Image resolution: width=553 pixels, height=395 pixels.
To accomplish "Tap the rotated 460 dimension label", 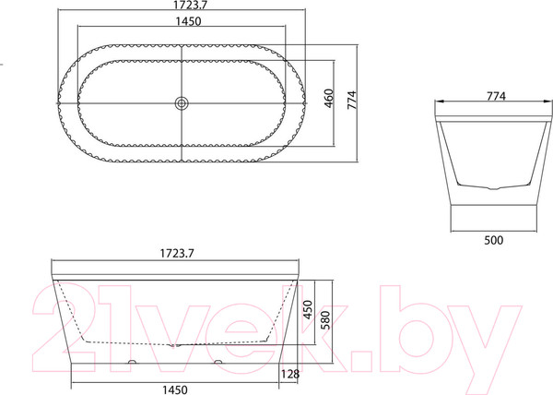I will click(x=329, y=99).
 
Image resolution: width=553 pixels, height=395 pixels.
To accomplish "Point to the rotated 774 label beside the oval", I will click(x=351, y=99).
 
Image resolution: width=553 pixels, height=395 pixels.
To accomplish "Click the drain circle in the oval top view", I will click(x=182, y=103).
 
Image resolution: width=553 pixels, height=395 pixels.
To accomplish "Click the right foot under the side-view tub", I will click(x=219, y=363).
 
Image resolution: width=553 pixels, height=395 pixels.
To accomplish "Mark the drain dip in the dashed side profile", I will click(x=175, y=342).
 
